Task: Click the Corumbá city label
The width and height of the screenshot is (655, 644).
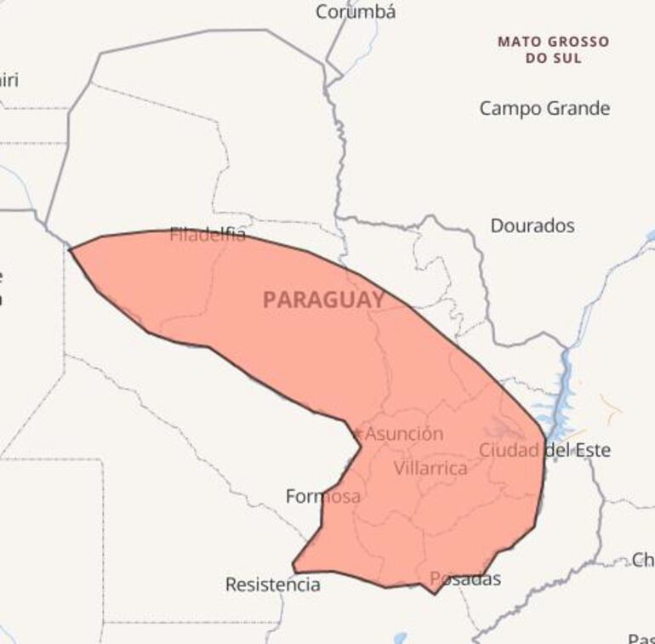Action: (356, 12)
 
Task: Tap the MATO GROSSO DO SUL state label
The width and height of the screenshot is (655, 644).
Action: (553, 49)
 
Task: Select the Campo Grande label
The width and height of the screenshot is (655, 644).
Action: (544, 108)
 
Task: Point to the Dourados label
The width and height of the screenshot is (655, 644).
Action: (533, 225)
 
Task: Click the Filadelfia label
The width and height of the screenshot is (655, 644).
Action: (208, 235)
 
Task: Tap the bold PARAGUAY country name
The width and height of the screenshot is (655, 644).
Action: (323, 299)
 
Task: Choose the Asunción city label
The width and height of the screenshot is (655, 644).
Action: (404, 434)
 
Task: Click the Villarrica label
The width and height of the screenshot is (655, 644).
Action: (430, 468)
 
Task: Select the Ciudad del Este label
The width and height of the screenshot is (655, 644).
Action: (544, 450)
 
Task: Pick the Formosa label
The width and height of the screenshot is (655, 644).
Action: (323, 496)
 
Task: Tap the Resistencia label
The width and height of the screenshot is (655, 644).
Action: (273, 584)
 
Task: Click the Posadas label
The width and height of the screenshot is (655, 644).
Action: (465, 579)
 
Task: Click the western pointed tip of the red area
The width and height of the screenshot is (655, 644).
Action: (71, 250)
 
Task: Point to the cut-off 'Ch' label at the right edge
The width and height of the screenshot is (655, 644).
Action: (643, 559)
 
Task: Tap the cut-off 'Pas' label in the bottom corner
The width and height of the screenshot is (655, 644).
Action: (641, 637)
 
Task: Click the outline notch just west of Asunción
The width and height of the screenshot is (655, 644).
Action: (358, 434)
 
